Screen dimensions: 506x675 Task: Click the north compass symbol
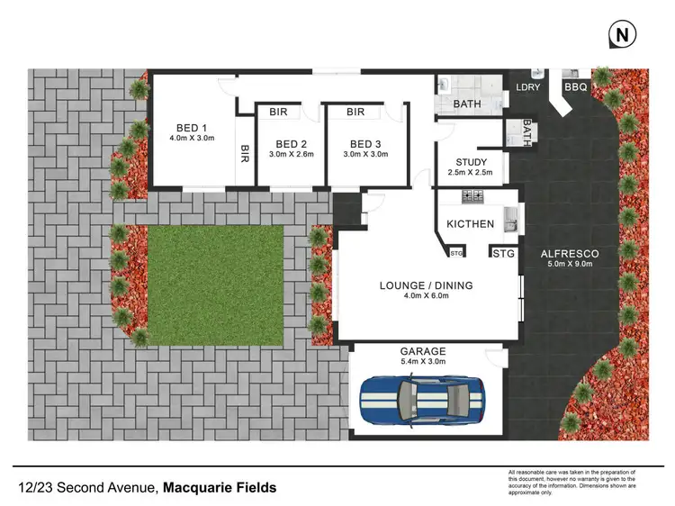pos(621,35)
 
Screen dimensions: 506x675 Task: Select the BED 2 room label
pos(292,144)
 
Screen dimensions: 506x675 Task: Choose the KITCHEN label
pos(470,224)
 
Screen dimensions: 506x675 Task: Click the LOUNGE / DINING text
pos(426,286)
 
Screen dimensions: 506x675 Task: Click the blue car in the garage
pos(423,397)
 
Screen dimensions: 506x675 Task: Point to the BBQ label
pos(574,87)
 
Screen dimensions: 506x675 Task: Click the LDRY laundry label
pos(526,87)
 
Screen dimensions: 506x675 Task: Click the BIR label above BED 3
pos(355,113)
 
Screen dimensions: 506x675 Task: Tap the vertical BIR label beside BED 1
pos(245,155)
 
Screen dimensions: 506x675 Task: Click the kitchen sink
pos(509,216)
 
